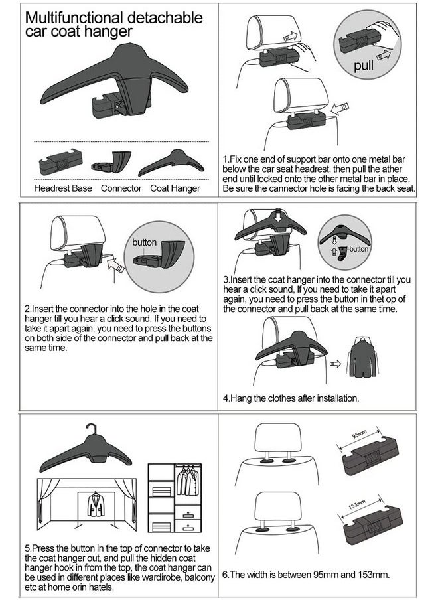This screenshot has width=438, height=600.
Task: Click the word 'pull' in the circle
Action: [364, 66]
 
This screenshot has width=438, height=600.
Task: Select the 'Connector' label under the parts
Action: [121, 188]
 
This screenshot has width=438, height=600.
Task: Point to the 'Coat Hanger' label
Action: [175, 188]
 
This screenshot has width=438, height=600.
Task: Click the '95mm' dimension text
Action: [359, 435]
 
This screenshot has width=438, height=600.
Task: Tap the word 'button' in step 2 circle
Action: [145, 242]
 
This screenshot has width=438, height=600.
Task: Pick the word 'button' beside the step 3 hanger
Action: [358, 250]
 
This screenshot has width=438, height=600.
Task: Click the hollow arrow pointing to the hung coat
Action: [334, 364]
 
